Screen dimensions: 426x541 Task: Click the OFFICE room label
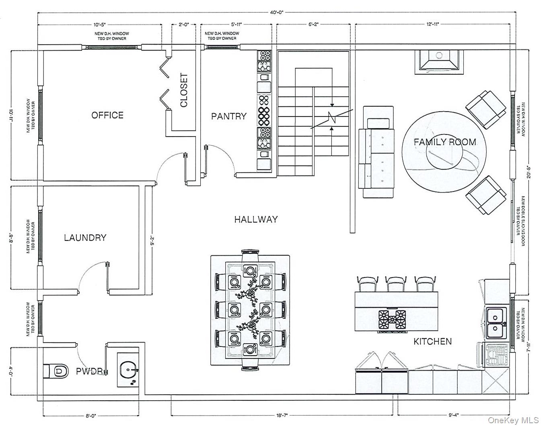(107, 115)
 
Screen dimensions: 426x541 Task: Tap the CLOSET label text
(184, 90)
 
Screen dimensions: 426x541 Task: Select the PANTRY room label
(228, 116)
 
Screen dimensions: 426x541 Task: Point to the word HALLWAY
(256, 219)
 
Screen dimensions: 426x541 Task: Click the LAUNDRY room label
(85, 238)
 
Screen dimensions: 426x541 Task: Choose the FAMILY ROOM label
(444, 142)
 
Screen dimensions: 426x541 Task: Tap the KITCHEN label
(432, 341)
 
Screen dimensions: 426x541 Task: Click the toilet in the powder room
(56, 370)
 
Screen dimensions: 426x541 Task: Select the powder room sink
(129, 370)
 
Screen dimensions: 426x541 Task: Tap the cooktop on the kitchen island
(391, 320)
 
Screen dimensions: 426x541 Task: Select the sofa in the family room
(378, 152)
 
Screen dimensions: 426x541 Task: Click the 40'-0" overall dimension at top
(277, 12)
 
